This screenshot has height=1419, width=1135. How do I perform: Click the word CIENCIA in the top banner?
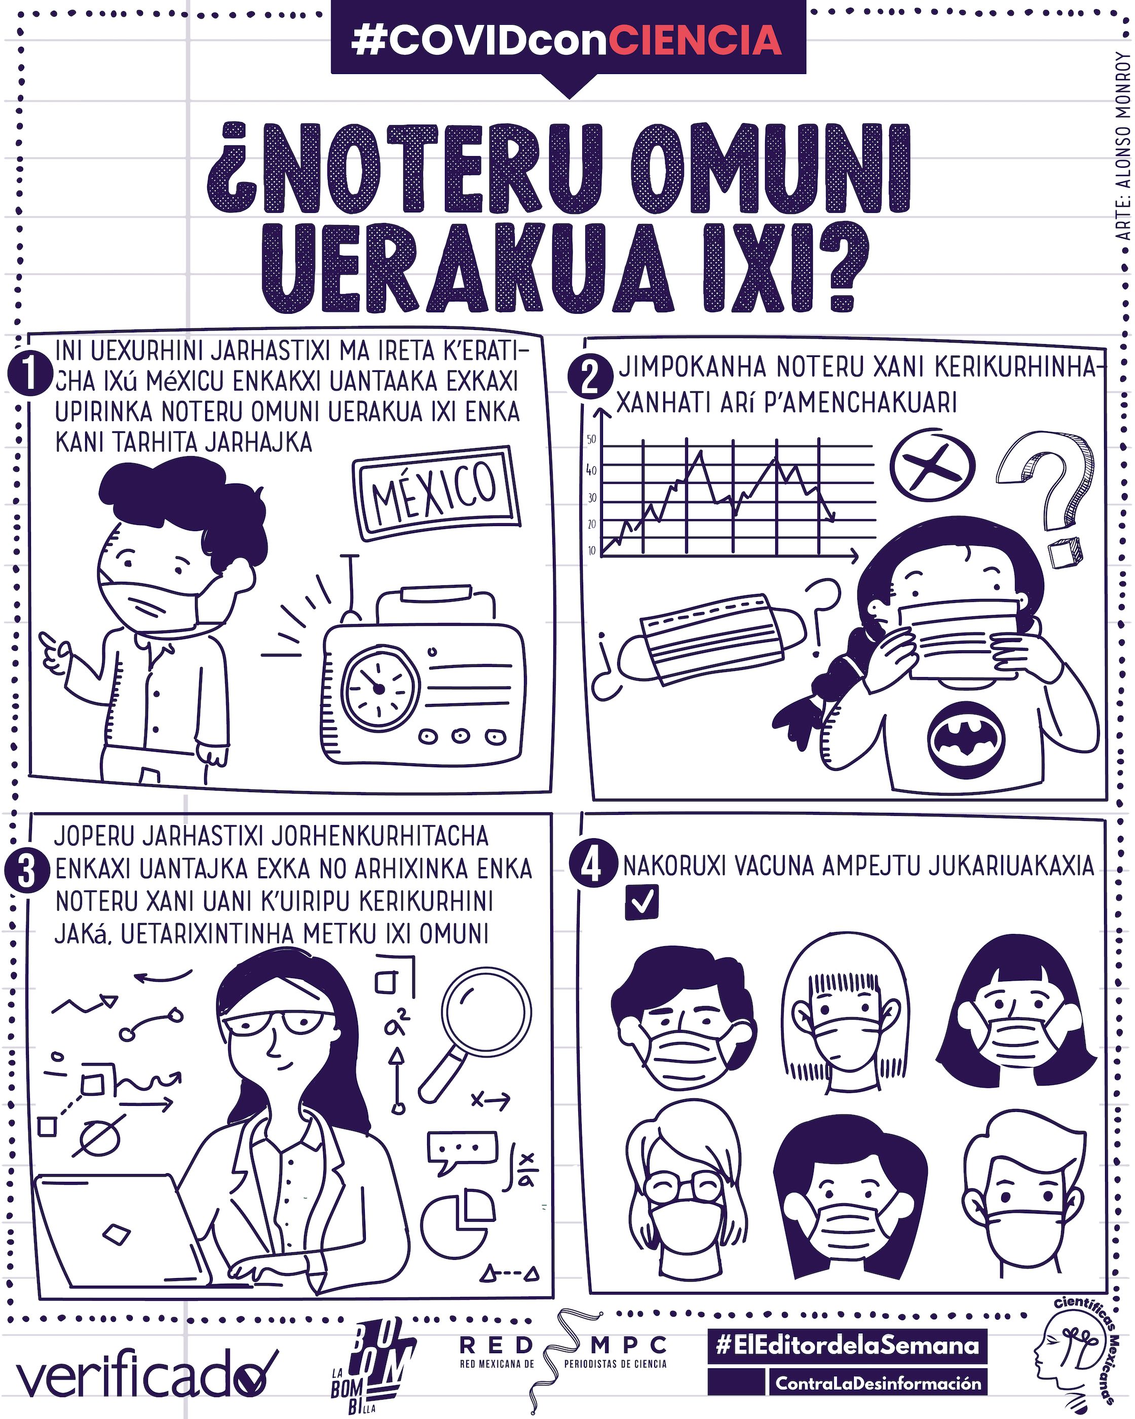(x=696, y=40)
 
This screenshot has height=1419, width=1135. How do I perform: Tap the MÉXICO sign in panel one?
(x=436, y=493)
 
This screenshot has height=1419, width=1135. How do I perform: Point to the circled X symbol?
(x=932, y=465)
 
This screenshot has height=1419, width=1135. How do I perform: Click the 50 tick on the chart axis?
(x=591, y=440)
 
